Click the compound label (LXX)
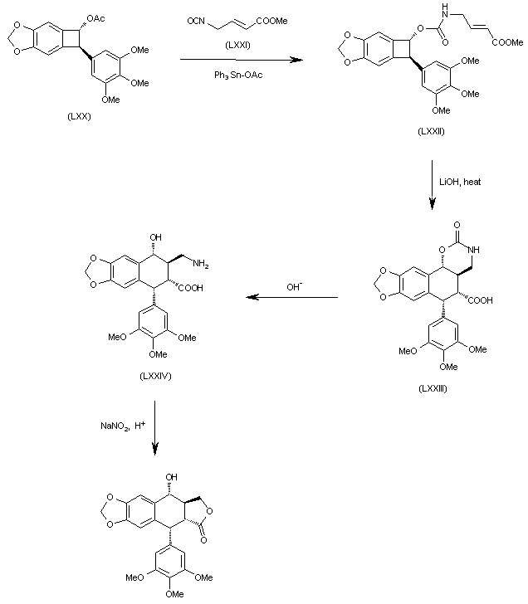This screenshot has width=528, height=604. point(80,116)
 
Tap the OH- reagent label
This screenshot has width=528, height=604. point(296,286)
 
